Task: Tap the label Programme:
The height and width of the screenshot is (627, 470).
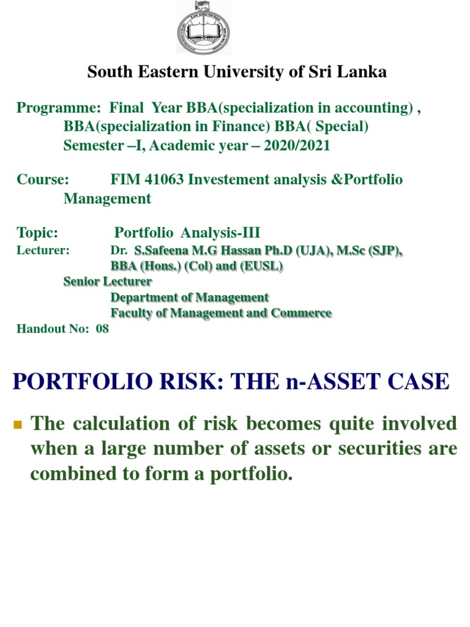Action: point(59,108)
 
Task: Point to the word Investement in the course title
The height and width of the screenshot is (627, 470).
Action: point(224,180)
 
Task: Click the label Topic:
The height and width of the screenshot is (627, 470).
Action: point(37,233)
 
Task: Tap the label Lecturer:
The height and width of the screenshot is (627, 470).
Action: point(43,250)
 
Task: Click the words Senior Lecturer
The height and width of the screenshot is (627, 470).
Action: point(108,282)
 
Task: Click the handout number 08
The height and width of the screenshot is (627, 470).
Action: point(102,328)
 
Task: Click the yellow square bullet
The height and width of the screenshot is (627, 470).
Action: point(18,424)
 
